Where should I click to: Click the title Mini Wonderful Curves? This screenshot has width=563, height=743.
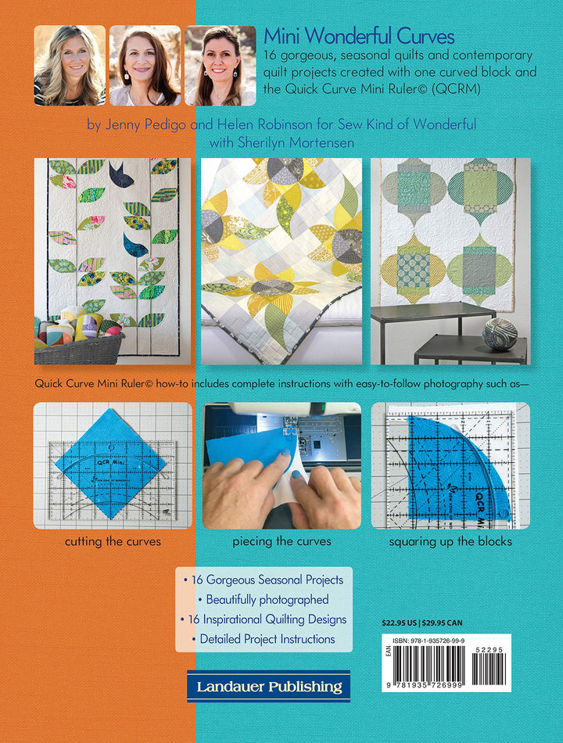pos(359,36)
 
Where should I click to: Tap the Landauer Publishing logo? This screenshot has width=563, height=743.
pos(269,686)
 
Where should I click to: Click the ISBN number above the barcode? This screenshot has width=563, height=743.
pos(429,641)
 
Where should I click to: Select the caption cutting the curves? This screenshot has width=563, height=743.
pos(113,542)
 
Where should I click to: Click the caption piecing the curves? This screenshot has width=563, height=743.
pos(281,542)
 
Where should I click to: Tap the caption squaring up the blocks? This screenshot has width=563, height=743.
pos(450,542)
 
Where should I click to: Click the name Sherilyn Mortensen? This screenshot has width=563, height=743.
pos(296,142)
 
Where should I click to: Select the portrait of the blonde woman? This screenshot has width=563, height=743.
pos(70,66)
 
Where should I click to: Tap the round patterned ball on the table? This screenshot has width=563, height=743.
pos(500,334)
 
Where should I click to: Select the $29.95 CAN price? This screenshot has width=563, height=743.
pos(442,623)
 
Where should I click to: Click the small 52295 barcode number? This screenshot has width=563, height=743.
pos(489,650)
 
